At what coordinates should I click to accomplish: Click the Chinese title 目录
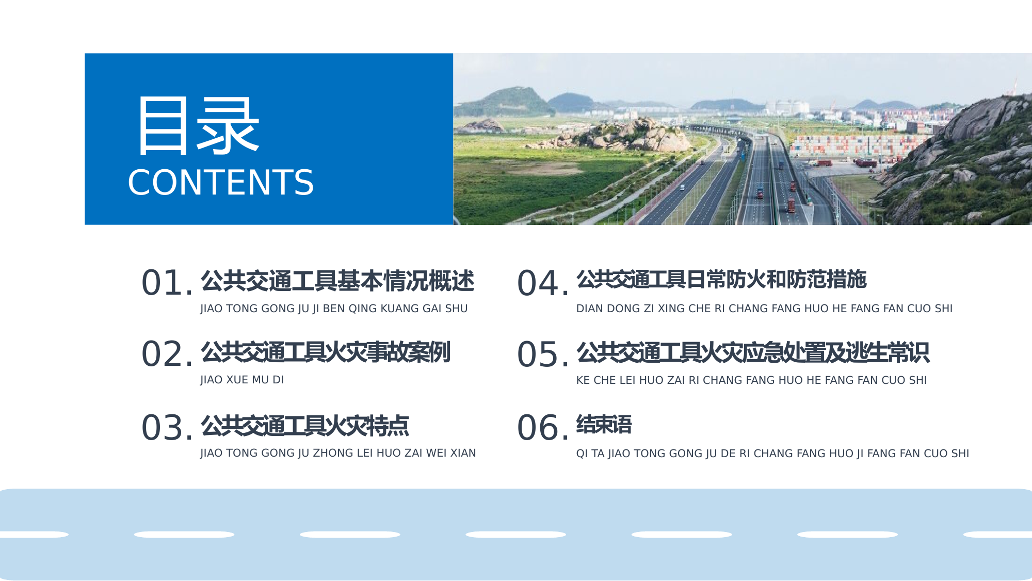coord(198,126)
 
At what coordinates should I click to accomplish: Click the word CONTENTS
coord(220,183)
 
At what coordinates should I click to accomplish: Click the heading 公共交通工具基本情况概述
coord(337,281)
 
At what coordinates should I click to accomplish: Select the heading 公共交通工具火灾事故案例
coord(326,352)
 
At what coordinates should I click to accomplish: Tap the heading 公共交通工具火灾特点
coord(305,426)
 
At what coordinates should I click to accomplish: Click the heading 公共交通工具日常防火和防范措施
coord(721,280)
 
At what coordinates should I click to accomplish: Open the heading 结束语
coord(604,425)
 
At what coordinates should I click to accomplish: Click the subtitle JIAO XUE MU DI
coord(242,380)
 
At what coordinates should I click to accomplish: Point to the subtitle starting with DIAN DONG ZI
coord(764,309)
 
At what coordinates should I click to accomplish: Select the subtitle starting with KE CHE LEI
coord(751,380)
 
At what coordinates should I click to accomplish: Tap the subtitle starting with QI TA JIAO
coord(772,454)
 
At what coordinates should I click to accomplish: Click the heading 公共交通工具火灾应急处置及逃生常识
coord(753,352)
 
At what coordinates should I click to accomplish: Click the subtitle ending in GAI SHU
coord(334,309)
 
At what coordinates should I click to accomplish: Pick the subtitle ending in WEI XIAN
coord(338,453)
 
